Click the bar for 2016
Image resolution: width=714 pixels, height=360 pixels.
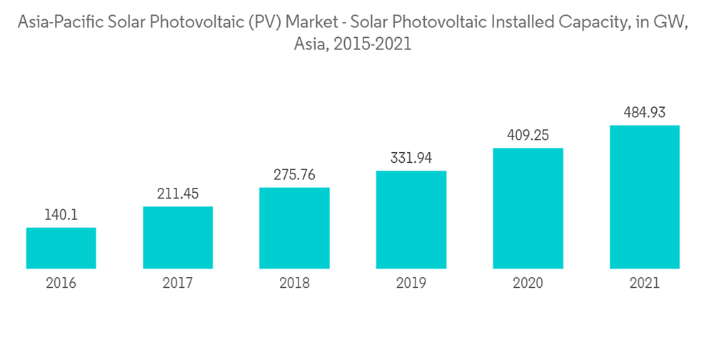[61, 248]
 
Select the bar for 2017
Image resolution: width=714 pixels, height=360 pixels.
[178, 237]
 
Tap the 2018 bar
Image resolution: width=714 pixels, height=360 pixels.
[294, 228]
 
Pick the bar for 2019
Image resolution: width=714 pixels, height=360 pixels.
[411, 219]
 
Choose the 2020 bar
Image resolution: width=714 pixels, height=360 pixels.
[528, 208]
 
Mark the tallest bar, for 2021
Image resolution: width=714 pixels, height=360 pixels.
[644, 196]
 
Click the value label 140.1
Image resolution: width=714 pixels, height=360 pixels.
[61, 215]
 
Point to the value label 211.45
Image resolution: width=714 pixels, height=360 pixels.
[178, 194]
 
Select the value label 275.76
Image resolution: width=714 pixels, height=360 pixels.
[294, 175]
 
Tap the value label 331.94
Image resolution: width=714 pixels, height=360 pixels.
[411, 158]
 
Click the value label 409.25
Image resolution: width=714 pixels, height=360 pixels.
[528, 135]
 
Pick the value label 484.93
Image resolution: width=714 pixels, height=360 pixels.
[644, 113]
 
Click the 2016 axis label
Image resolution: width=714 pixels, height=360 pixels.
[61, 284]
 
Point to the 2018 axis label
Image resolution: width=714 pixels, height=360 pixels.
[294, 284]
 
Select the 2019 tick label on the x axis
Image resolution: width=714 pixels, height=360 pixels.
[411, 284]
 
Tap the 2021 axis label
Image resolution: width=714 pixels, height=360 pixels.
[644, 284]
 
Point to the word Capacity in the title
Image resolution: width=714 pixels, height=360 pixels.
[586, 23]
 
